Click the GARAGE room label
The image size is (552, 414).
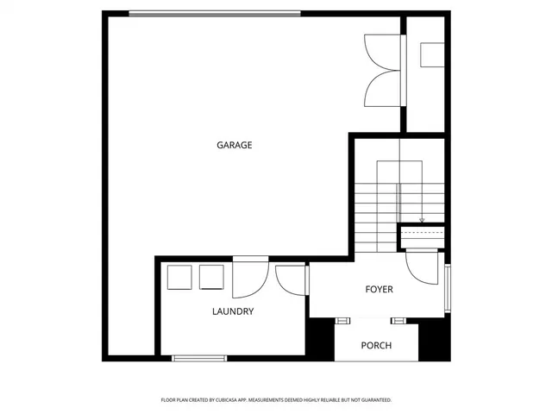click(x=234, y=145)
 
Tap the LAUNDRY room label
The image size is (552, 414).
click(x=233, y=311)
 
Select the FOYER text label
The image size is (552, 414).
click(x=379, y=290)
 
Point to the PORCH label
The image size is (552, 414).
click(x=376, y=346)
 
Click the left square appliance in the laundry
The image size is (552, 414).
click(x=179, y=278)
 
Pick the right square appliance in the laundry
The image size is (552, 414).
click(x=211, y=278)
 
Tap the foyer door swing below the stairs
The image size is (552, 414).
click(x=424, y=266)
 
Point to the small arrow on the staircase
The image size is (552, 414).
click(x=422, y=220)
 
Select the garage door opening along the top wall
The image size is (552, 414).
click(x=215, y=13)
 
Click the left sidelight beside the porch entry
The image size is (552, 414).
click(x=343, y=321)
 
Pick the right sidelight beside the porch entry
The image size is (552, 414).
click(x=398, y=321)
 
